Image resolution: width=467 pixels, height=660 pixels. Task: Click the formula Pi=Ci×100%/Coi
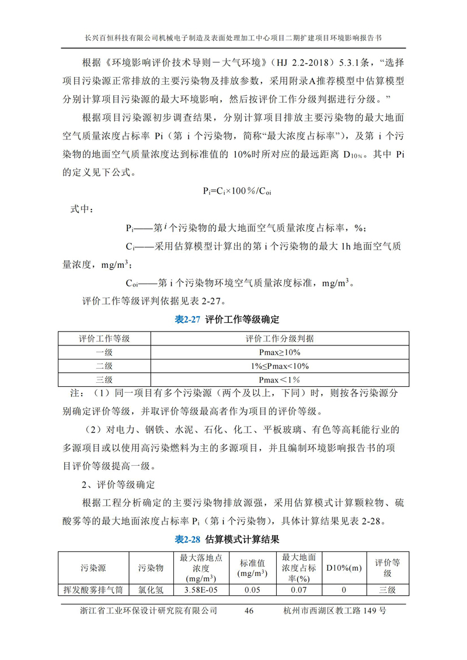(x=233, y=191)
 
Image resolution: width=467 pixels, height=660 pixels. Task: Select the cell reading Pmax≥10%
(x=279, y=352)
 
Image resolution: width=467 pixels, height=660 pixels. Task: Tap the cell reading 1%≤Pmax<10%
(x=279, y=366)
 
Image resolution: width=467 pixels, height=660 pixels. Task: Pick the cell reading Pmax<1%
(x=279, y=379)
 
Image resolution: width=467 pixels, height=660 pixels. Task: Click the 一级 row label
(x=104, y=352)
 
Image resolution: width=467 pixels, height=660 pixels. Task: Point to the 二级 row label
(x=104, y=366)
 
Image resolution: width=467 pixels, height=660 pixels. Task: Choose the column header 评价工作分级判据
(x=279, y=338)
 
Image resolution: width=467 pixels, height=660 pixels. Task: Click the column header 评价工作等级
(x=104, y=338)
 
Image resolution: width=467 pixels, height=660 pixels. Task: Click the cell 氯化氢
(x=151, y=590)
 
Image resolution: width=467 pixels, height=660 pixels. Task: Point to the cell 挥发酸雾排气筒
(x=93, y=590)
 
